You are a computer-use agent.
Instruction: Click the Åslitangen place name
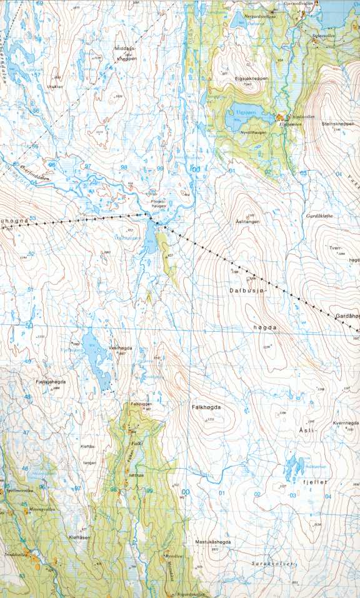tap(247, 221)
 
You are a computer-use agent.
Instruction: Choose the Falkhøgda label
tap(206, 407)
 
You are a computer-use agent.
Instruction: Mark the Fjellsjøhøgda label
tap(51, 381)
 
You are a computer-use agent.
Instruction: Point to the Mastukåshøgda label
tap(214, 542)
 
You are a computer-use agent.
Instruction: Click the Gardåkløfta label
tap(320, 216)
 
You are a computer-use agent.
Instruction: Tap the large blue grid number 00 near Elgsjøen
tap(196, 169)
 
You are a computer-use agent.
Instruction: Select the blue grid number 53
tap(32, 219)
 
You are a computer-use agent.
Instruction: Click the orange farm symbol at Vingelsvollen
tap(281, 116)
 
